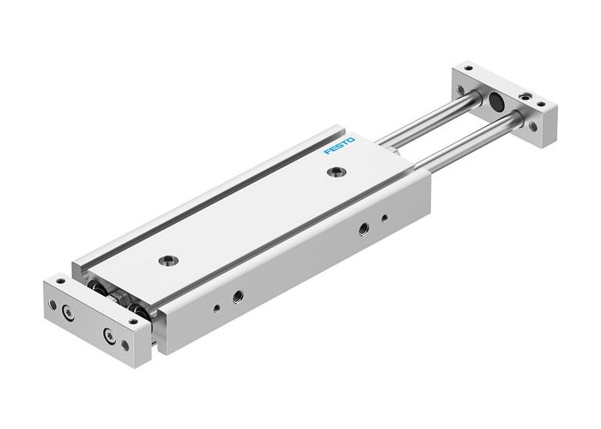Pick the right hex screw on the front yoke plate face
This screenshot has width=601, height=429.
[x=109, y=335]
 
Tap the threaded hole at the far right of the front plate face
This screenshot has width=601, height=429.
[x=126, y=345]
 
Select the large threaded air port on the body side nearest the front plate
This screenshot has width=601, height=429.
[x=234, y=296]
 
